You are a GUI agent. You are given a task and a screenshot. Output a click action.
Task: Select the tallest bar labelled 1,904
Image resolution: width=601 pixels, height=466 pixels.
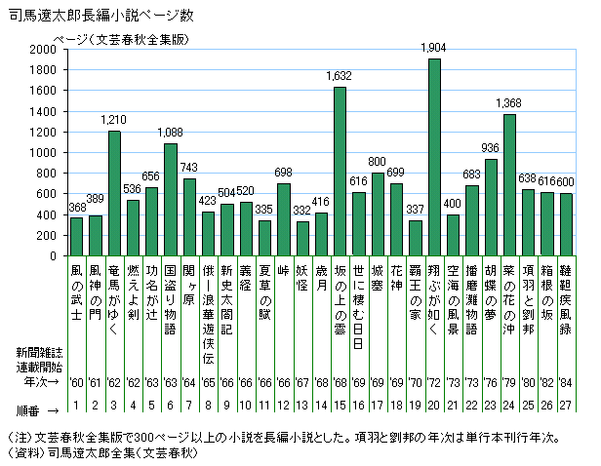434,158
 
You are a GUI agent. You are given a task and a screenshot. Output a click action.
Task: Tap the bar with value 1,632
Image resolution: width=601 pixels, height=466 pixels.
340,172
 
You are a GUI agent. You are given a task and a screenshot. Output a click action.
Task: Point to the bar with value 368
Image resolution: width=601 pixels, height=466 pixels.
77,237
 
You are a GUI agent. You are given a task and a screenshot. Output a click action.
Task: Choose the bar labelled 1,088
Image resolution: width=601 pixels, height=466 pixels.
171,200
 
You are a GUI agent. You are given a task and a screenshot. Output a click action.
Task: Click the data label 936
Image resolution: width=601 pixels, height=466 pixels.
491,147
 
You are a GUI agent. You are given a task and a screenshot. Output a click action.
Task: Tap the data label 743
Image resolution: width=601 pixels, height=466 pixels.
189,168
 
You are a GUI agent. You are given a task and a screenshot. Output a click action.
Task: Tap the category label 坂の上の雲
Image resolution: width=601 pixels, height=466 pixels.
340,290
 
